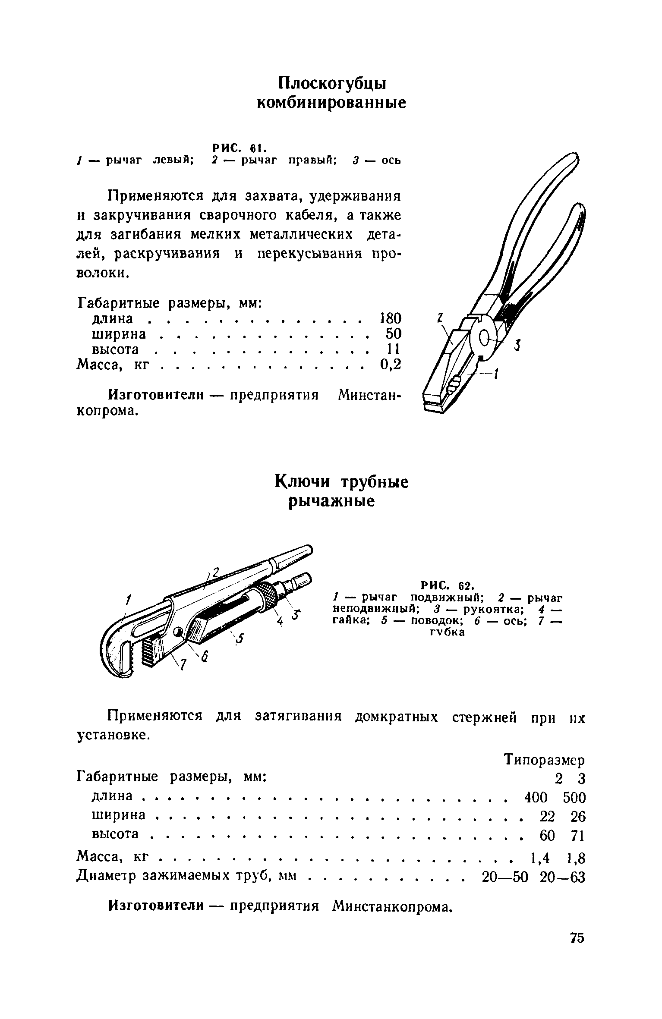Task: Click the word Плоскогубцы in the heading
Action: pyautogui.click(x=332, y=84)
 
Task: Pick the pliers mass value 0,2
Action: pyautogui.click(x=391, y=365)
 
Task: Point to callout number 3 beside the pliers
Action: pyautogui.click(x=517, y=346)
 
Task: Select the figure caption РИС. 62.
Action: pyautogui.click(x=448, y=585)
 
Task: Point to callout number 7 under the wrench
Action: pyautogui.click(x=183, y=666)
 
